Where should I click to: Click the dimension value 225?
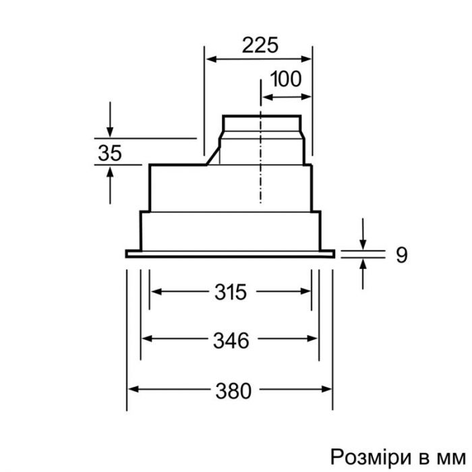tap(260, 45)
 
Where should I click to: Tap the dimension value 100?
tap(286, 79)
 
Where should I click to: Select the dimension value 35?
tap(110, 153)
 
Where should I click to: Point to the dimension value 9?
tap(402, 255)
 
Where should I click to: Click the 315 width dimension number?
tap(231, 292)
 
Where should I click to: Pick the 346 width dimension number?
tap(231, 340)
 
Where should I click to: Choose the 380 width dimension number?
tap(231, 390)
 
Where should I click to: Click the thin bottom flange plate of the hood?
tap(230, 254)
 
